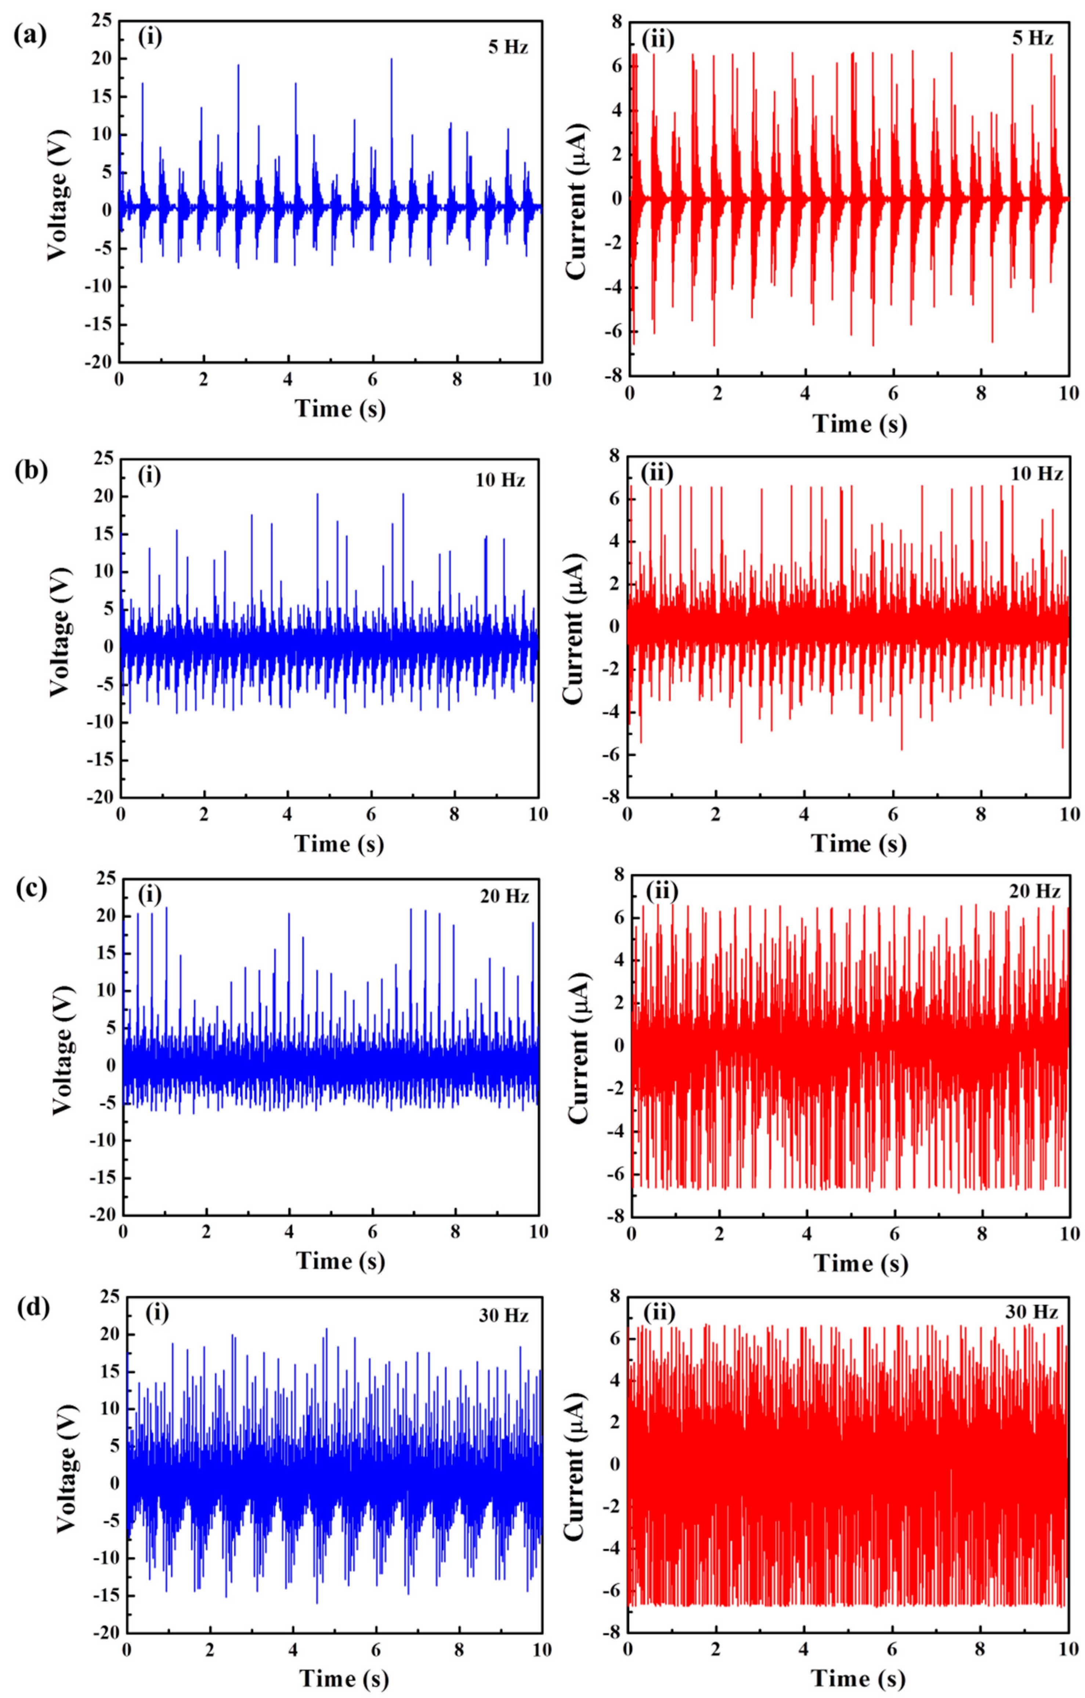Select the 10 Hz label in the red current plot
[1037, 474]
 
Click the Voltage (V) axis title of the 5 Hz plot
[60, 194]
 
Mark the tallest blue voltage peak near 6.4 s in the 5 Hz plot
[391, 60]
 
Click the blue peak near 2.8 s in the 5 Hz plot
[238, 66]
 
